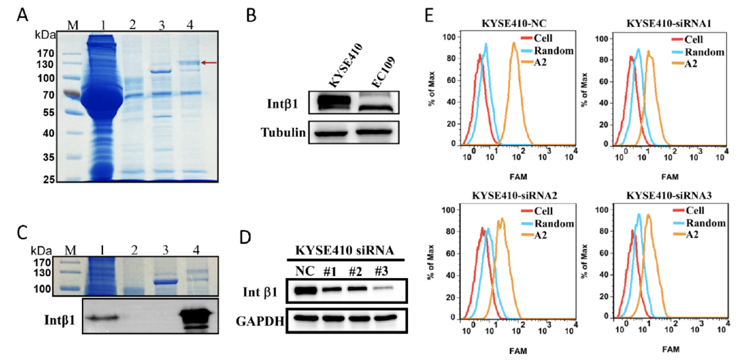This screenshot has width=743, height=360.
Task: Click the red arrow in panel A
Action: [x=209, y=63]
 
